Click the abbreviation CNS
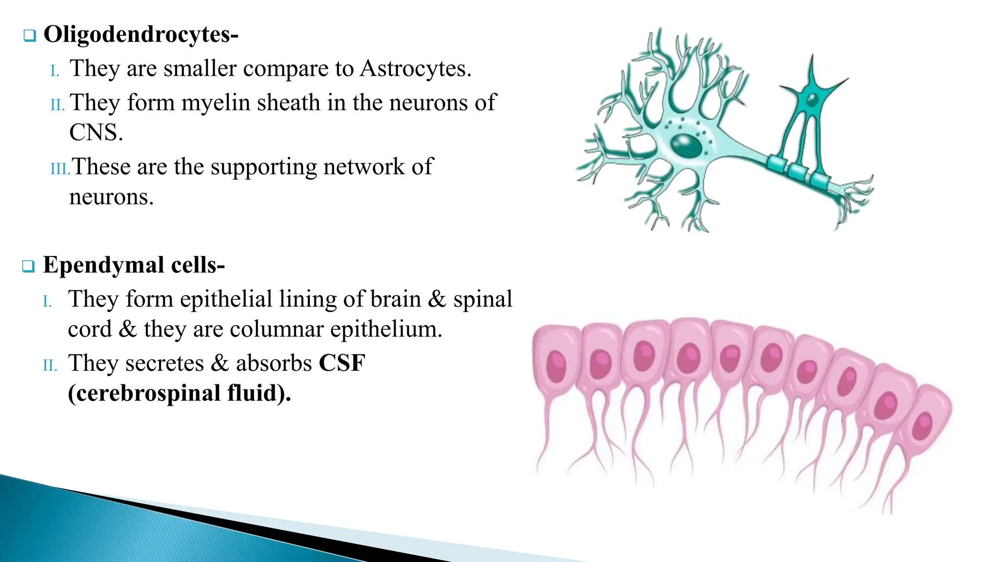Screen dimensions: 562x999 95,133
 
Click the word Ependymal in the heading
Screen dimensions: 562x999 103,265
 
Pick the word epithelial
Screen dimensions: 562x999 226,300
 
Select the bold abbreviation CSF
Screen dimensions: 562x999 342,363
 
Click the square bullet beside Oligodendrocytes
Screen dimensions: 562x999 30,36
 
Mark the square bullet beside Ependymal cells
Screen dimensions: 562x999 28,266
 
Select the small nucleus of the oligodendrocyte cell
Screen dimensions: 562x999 812,100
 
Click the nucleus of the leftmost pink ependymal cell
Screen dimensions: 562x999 557,366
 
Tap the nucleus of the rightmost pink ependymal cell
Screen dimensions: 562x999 922,425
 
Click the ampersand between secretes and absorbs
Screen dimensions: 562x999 220,363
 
